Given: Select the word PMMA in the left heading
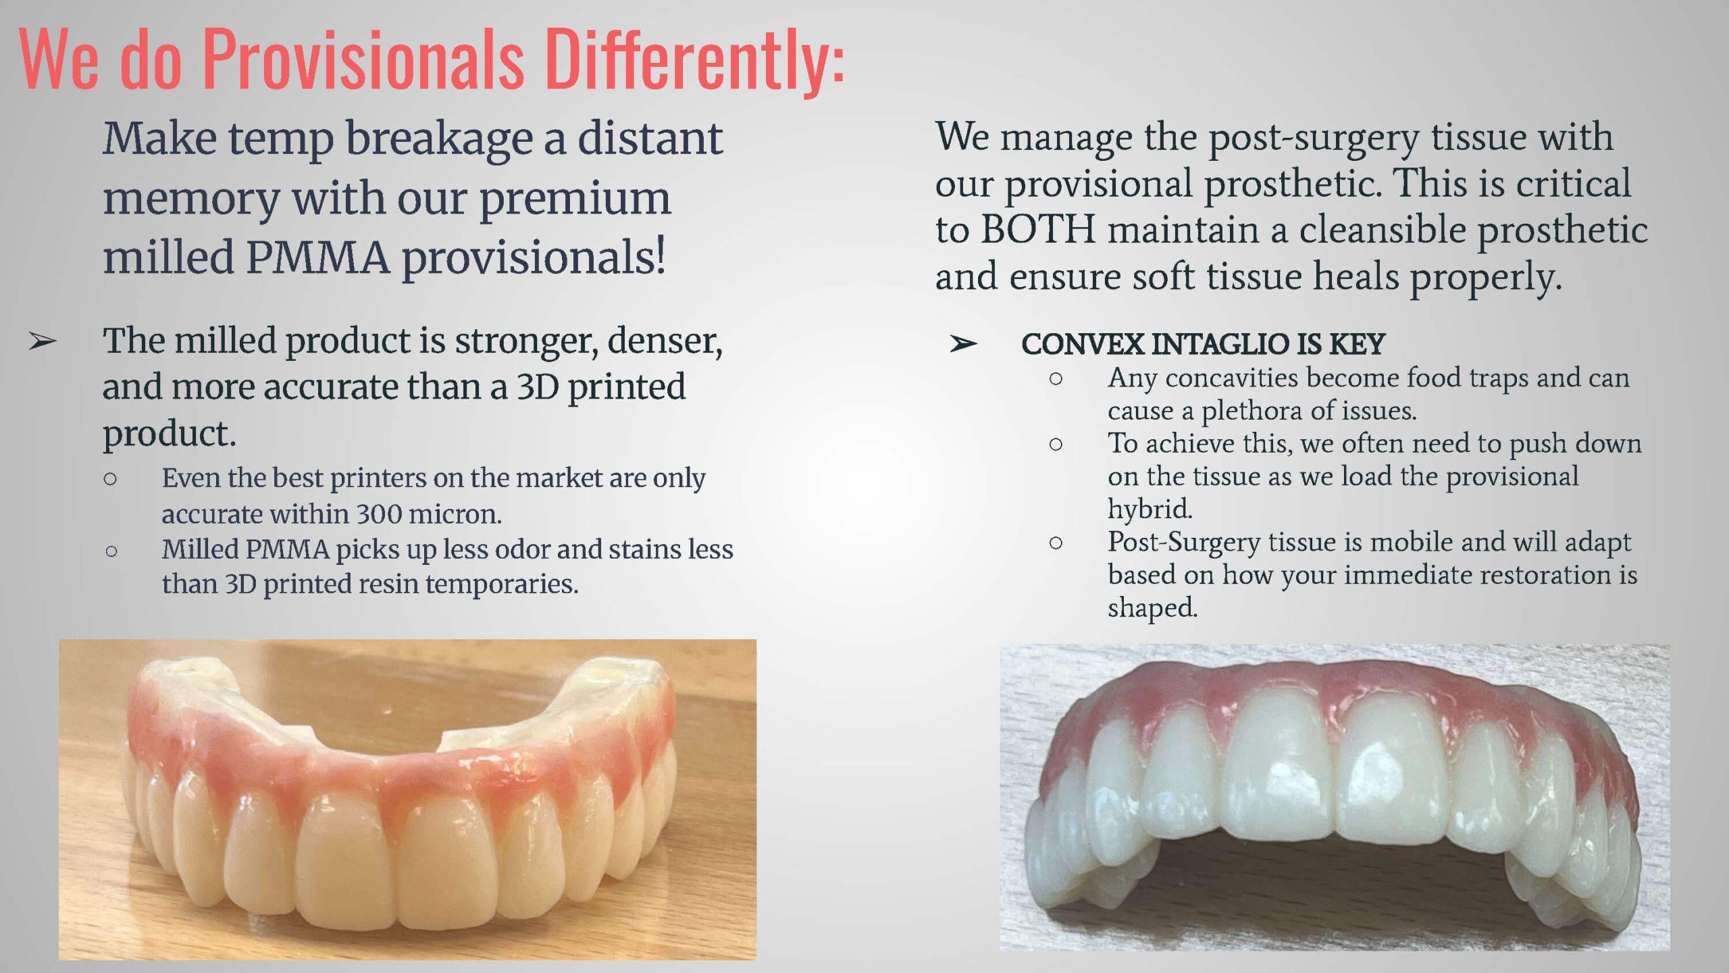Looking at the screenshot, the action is pos(317,257).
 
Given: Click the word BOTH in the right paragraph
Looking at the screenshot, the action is pos(1037,230).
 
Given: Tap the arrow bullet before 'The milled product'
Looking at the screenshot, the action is pos(43,343).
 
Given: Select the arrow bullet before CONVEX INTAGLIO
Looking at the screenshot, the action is pos(962,345).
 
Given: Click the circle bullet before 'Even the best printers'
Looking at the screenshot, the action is pos(110,480).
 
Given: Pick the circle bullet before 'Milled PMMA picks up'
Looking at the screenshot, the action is pos(111,551).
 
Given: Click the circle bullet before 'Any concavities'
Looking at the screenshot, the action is pos(1056,380).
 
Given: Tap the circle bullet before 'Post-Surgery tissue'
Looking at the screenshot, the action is pos(1056,543).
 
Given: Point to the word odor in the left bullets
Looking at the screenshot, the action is pos(523,549).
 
